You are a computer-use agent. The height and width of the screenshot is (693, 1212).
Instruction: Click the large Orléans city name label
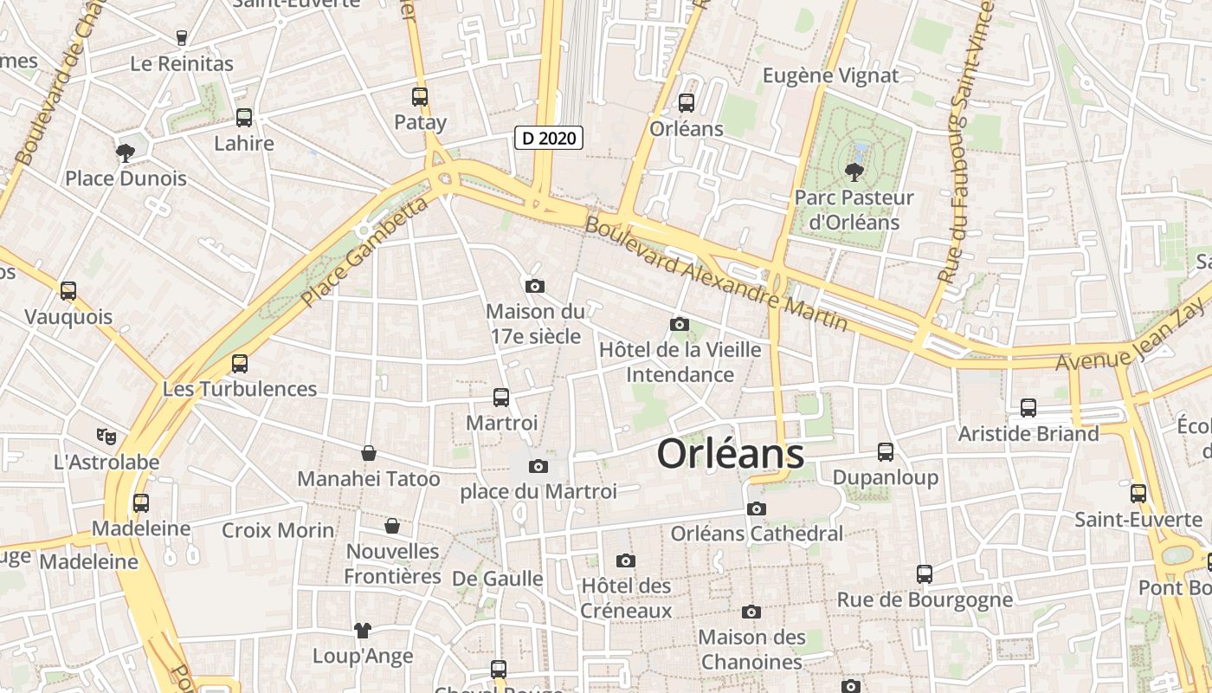pos(730,454)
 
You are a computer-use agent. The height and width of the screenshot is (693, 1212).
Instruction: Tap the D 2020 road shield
pos(549,138)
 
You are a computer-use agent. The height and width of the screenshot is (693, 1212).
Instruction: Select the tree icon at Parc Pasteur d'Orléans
pos(854,172)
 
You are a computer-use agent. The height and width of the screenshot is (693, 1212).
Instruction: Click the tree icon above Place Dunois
pos(126,153)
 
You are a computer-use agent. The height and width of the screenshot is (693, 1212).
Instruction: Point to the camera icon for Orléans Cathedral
pos(757,508)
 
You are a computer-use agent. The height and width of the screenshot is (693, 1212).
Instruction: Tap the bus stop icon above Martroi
pos(501,398)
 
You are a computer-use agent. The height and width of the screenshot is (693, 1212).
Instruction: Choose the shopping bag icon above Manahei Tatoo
pos(369,453)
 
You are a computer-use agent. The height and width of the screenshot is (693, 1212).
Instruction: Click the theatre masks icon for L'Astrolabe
pos(106,437)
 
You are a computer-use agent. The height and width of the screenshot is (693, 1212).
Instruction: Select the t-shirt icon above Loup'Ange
pos(362,630)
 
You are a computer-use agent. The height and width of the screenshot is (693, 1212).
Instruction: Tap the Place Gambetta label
pos(364,252)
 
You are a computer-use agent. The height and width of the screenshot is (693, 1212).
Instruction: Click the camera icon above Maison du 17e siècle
pos(535,286)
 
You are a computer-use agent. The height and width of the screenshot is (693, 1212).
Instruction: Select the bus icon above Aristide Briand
pos(1028,407)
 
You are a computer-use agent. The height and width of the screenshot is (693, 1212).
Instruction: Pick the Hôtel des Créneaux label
pos(626,598)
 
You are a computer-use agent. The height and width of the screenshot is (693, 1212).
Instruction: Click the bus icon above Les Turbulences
pos(240,364)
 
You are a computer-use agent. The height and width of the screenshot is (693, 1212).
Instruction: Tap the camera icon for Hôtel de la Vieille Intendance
pos(680,324)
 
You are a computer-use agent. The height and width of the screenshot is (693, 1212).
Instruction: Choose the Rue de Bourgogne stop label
pos(924,599)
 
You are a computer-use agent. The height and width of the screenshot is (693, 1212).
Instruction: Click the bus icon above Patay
pos(420,97)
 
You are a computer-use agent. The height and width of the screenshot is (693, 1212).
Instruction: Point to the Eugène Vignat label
pos(830,75)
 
